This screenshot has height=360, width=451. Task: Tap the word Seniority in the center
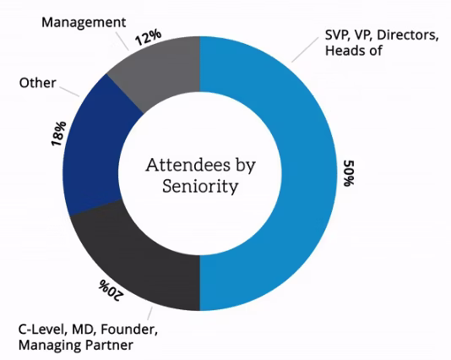(199, 185)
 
